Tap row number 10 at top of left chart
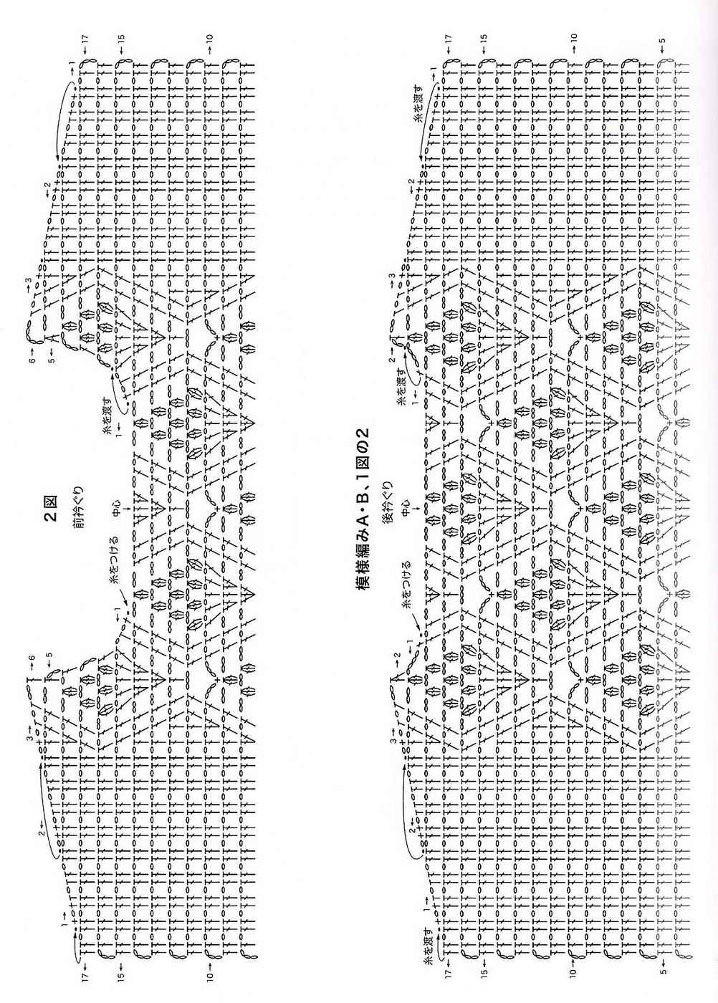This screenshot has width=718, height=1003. [x=210, y=37]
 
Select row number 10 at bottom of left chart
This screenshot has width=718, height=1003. [x=210, y=974]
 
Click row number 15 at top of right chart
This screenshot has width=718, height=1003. [x=484, y=39]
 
